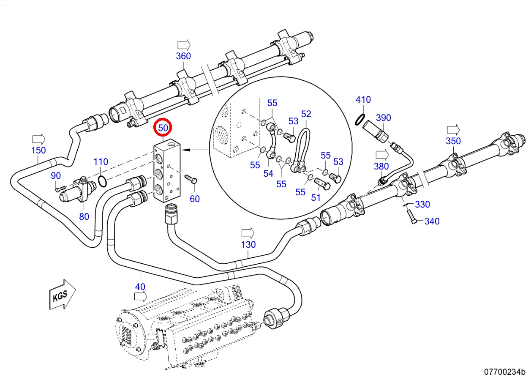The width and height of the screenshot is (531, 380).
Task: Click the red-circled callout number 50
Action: [x=163, y=127]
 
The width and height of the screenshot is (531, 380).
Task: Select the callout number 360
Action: [x=183, y=56]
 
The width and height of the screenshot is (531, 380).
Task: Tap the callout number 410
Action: [x=363, y=100]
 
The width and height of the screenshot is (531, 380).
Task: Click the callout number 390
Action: [x=384, y=118]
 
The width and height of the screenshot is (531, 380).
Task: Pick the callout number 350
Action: [x=453, y=141]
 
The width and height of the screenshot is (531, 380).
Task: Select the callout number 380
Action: [x=381, y=167]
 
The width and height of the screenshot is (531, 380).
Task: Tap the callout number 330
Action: [x=422, y=205]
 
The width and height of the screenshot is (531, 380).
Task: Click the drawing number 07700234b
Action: [x=504, y=372]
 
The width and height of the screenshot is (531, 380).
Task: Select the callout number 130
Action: [x=248, y=245]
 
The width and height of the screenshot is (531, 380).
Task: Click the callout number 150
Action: [x=38, y=150]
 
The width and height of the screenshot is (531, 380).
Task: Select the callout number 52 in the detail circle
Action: [x=306, y=114]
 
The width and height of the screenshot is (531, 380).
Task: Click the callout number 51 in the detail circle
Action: [x=316, y=198]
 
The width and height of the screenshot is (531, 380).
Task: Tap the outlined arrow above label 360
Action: [x=184, y=44]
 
